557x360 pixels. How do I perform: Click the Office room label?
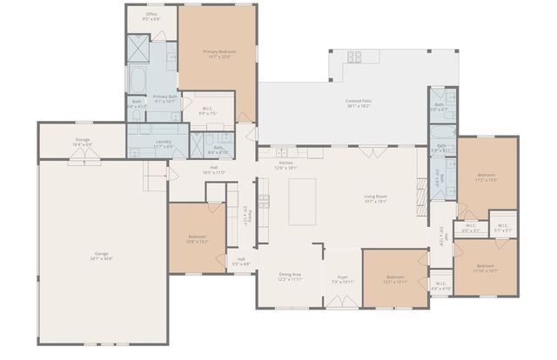151,16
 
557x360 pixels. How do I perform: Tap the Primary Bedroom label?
218,54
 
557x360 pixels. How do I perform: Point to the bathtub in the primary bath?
139,81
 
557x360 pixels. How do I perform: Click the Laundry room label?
163,144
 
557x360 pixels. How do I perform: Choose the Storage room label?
83,142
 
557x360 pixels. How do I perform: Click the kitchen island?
302,201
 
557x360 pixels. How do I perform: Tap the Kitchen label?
287,164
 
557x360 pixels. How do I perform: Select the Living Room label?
375,198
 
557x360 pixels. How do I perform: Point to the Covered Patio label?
359,103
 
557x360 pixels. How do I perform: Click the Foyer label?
342,279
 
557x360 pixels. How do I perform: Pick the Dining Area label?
290,277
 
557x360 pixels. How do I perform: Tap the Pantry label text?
249,214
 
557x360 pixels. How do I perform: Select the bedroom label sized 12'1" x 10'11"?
395,279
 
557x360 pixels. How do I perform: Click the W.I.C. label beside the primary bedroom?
207,110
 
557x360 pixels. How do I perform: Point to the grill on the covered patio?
355,57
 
